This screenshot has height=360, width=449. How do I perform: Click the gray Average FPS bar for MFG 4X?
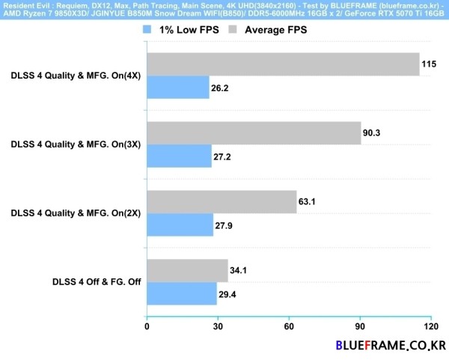tap(283, 64)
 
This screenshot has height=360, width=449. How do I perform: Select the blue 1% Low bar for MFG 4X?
tap(178, 88)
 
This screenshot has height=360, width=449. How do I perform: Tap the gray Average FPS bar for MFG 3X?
tap(254, 132)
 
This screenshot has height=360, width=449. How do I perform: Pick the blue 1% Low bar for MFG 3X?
tap(179, 156)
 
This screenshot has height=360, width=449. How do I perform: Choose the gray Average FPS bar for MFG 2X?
tap(222, 201)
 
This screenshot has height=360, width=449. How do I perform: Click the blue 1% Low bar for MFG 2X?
tap(180, 225)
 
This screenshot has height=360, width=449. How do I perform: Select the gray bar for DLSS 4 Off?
tap(187, 270)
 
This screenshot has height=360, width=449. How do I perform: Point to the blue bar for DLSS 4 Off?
tap(182, 293)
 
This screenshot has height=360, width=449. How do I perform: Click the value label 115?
tap(429, 64)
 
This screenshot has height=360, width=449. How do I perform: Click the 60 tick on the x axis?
tap(289, 327)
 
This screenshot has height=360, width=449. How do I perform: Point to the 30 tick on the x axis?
tap(218, 327)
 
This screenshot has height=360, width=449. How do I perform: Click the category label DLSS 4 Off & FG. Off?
tap(97, 282)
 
